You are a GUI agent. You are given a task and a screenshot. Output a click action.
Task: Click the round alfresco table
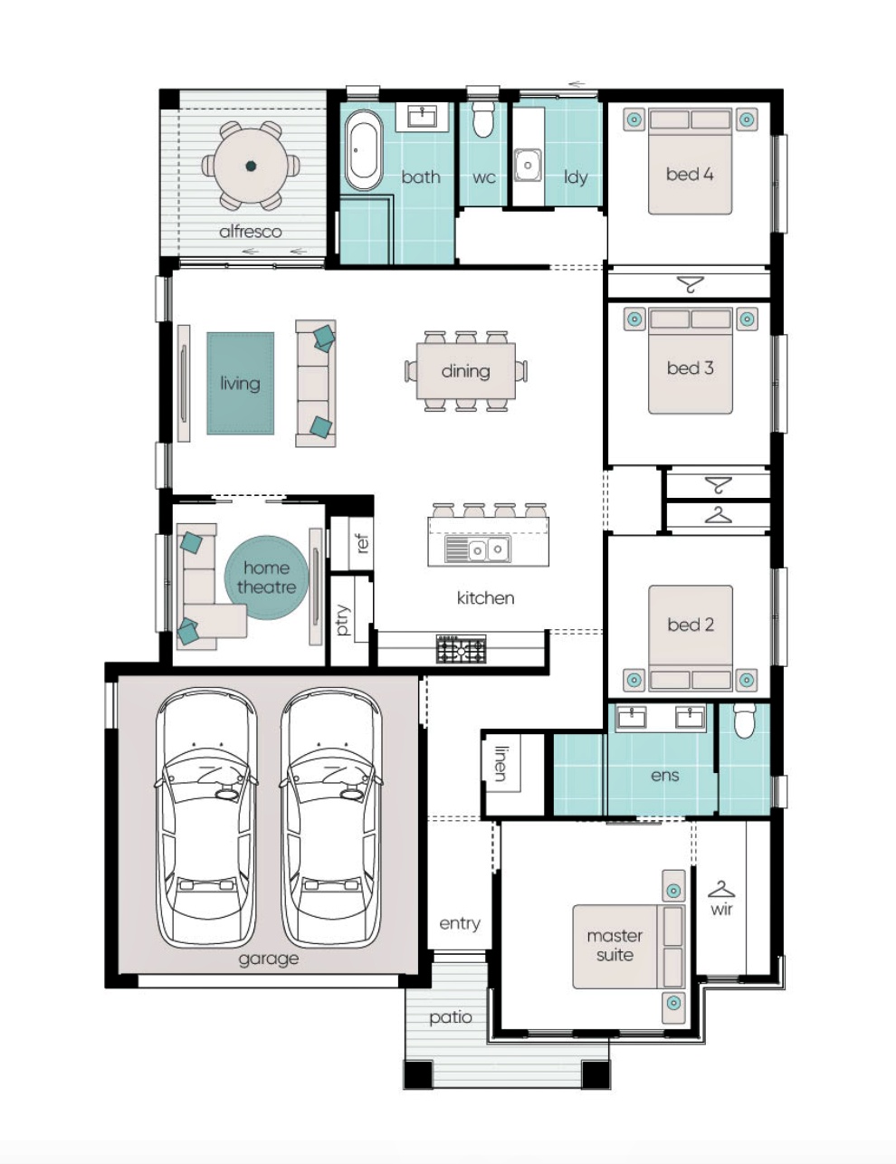click(x=251, y=166)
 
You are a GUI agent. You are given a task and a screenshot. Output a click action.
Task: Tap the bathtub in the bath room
click(x=363, y=150)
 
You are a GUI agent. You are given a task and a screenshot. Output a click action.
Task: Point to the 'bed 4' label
click(x=690, y=174)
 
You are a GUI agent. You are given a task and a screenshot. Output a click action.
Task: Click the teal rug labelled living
click(x=241, y=383)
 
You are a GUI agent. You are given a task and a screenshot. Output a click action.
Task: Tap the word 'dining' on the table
click(x=465, y=371)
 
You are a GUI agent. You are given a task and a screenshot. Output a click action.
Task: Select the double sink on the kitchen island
click(x=478, y=549)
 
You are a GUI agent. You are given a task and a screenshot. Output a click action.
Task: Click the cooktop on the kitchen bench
click(x=461, y=649)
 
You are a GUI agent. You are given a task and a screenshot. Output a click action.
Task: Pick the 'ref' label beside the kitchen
click(x=363, y=543)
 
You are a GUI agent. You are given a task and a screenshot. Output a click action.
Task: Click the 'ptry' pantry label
click(x=343, y=620)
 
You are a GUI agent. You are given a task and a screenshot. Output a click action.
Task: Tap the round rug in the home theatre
click(x=266, y=577)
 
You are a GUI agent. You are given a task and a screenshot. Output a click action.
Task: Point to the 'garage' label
click(x=268, y=959)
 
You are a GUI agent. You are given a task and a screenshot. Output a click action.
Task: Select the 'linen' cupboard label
click(x=500, y=763)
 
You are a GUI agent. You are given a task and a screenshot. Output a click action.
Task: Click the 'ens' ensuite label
click(x=664, y=776)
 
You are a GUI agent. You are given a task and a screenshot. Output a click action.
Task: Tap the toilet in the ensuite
click(x=744, y=720)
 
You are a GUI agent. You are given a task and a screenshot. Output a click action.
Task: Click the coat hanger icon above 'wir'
click(x=721, y=890)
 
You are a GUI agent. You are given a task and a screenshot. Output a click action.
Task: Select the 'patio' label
click(x=451, y=1017)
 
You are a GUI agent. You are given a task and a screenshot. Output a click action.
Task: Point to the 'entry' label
click(x=460, y=923)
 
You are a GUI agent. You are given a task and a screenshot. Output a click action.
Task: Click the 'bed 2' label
click(x=691, y=625)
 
